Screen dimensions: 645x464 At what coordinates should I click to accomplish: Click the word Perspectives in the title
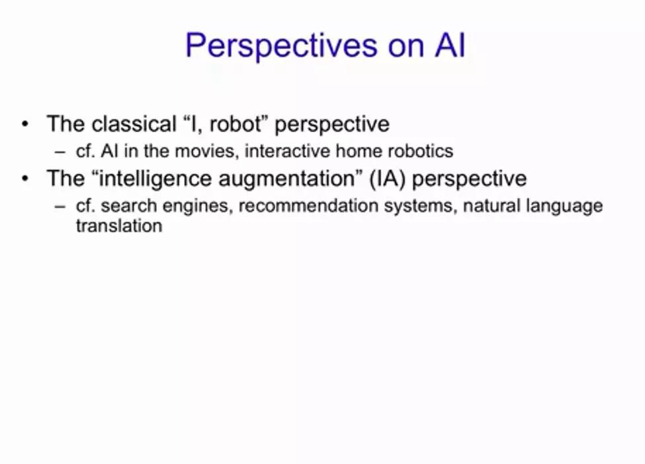click(281, 46)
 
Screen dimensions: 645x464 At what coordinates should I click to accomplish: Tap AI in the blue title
click(450, 45)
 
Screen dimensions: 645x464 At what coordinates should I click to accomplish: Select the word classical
click(134, 124)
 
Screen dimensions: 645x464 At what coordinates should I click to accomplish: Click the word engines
click(198, 206)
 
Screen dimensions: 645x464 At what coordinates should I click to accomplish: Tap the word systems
click(420, 206)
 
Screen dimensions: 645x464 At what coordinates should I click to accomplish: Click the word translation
click(119, 225)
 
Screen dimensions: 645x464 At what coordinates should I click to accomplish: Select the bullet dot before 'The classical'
click(25, 124)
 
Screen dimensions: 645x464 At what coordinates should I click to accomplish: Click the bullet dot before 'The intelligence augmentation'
click(25, 178)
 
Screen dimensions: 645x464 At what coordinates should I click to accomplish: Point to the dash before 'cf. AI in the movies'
click(60, 153)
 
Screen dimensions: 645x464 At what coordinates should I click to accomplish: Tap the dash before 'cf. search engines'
click(60, 207)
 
